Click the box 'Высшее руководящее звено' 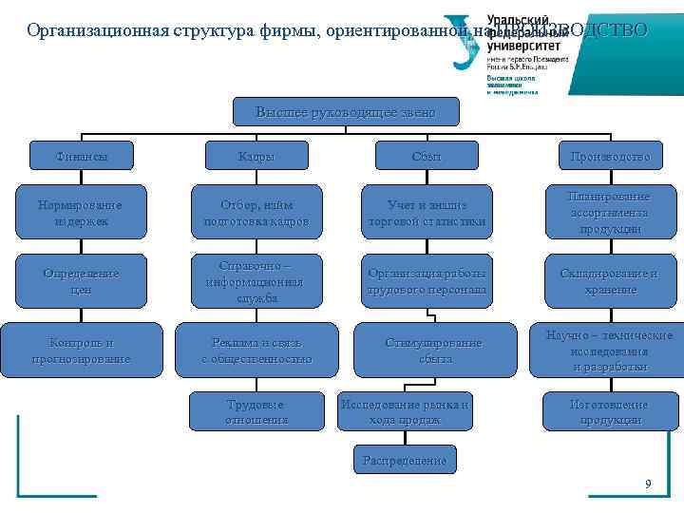point(346,111)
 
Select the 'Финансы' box point(82,156)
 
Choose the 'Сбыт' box point(427,156)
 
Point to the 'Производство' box point(611,156)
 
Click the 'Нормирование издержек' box point(82,213)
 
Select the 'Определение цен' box point(82,281)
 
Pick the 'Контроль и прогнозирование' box point(82,350)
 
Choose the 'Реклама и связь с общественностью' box point(256,350)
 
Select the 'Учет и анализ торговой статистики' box point(427,213)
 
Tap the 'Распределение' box point(405,461)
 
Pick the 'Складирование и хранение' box point(611,281)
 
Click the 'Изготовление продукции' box point(611,410)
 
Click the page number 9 point(648,484)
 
